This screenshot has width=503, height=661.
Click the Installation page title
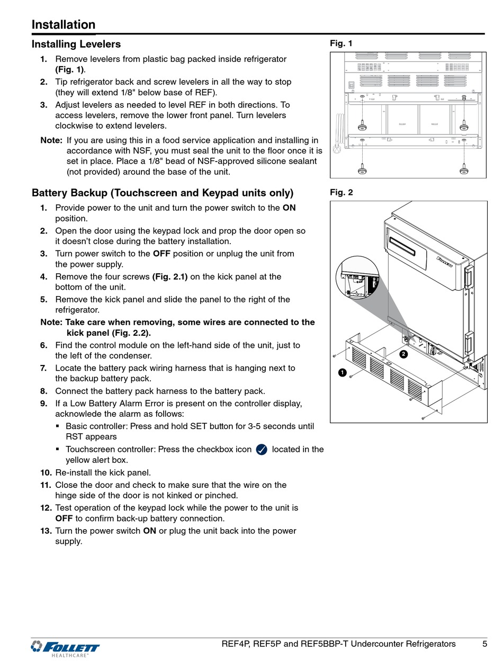(64, 25)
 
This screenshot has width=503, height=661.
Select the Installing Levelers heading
(76, 44)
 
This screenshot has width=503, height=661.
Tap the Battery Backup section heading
(162, 193)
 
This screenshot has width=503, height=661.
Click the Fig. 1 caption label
(341, 43)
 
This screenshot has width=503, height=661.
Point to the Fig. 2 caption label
(341, 192)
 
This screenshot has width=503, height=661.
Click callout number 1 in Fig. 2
(342, 373)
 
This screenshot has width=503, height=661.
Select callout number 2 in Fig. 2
(403, 354)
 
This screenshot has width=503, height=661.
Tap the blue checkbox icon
(262, 450)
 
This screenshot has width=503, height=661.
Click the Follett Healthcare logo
(66, 648)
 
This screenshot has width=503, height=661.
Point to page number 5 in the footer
(484, 644)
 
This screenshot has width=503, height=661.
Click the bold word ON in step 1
(289, 208)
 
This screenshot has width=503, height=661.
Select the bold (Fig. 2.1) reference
(169, 276)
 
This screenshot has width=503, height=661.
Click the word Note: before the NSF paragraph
(51, 140)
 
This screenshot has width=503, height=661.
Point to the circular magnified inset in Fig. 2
(360, 279)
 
